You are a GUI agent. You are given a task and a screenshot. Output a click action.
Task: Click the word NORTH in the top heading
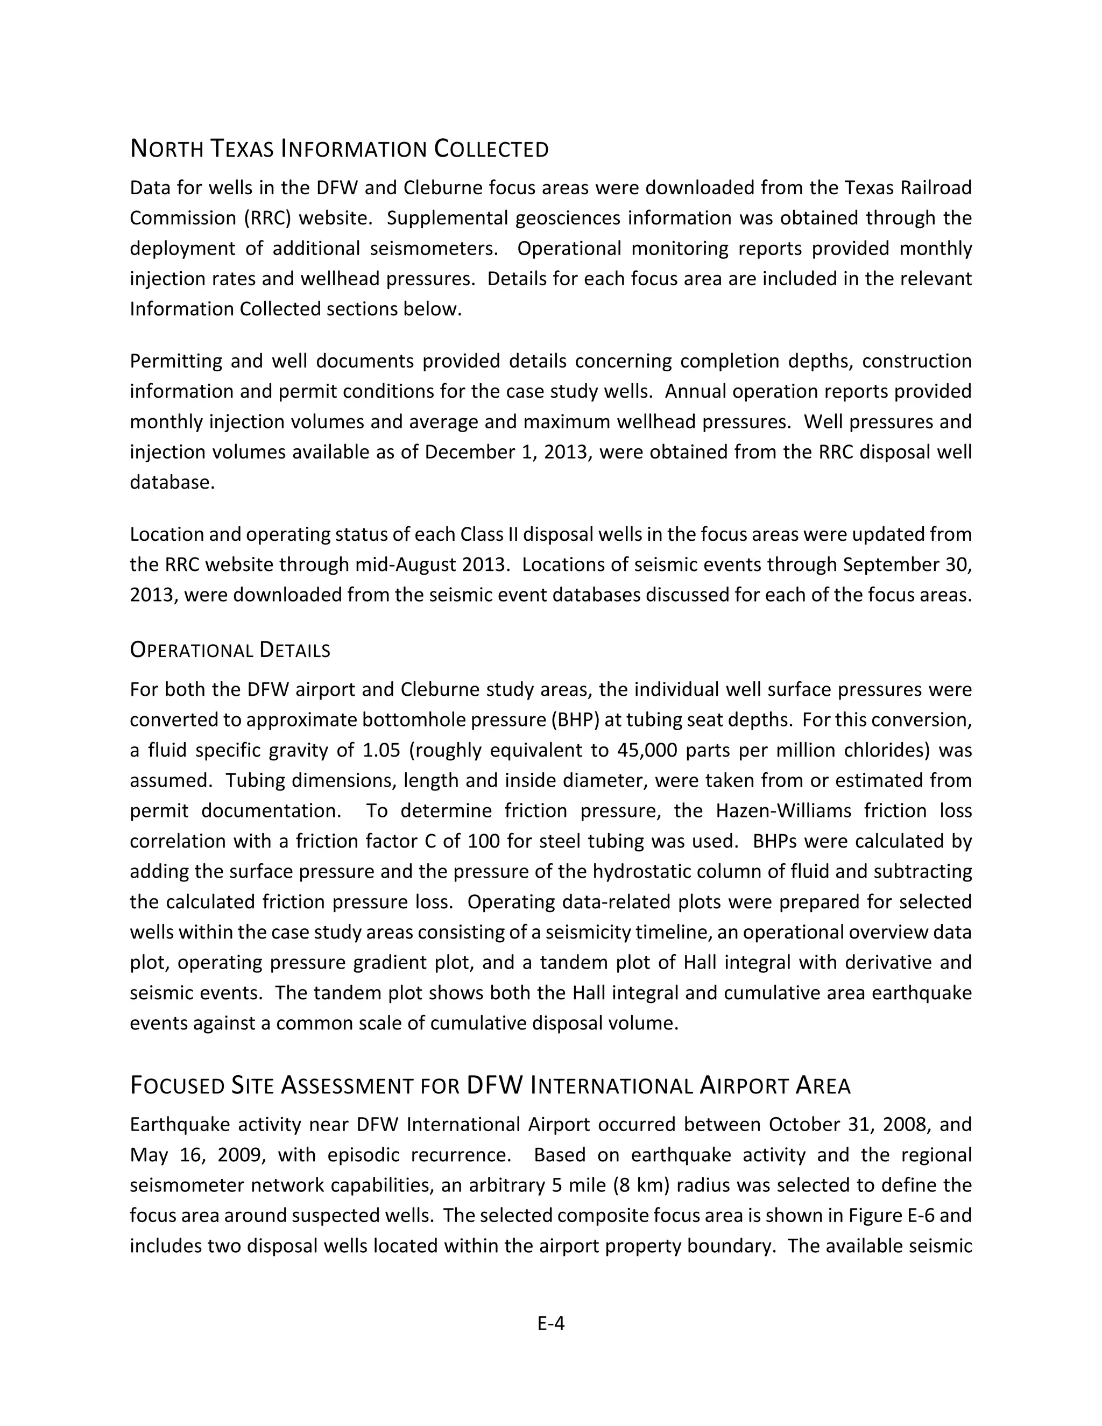point(167,149)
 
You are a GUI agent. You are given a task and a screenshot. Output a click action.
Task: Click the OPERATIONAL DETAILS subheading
point(230,651)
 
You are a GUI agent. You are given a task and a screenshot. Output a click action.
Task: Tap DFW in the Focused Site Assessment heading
point(496,1085)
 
